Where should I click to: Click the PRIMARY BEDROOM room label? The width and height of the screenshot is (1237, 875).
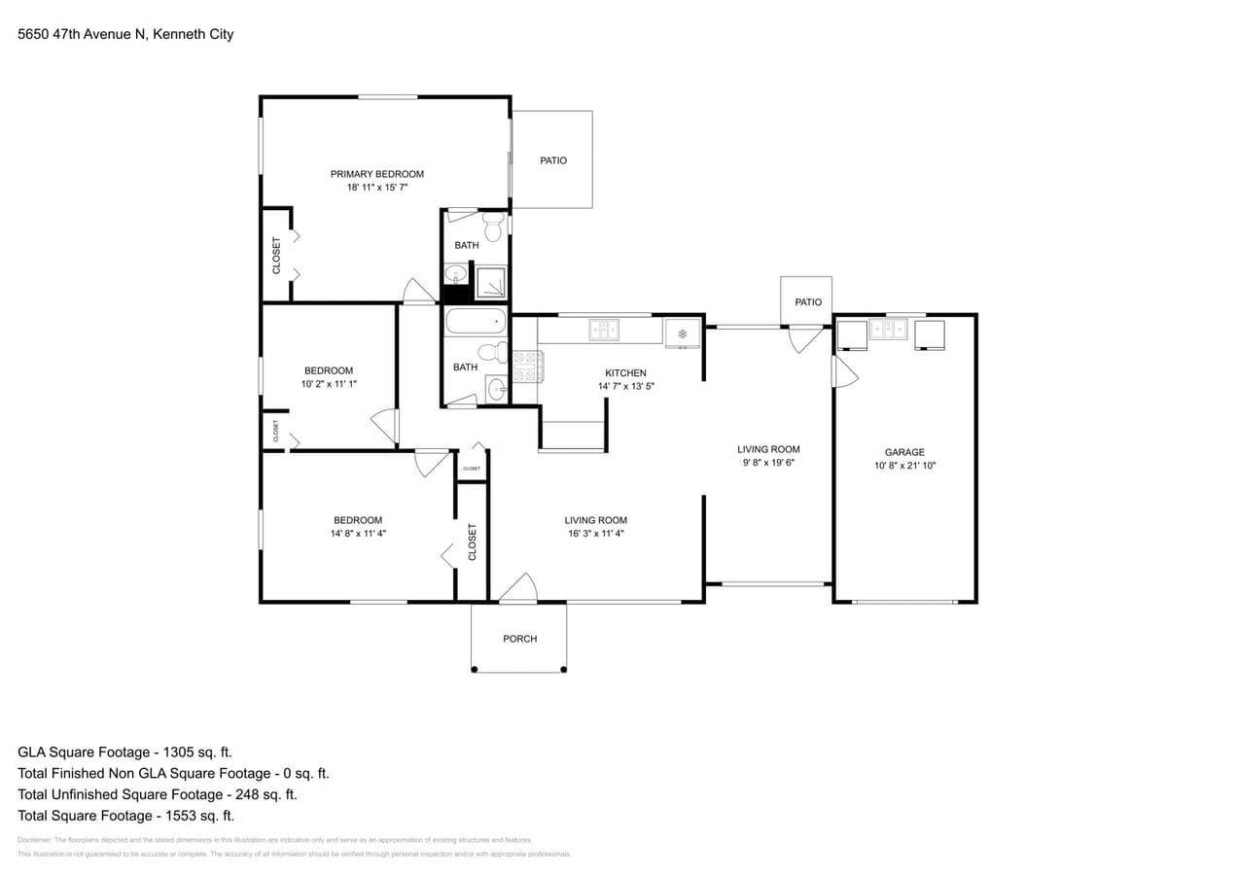click(x=377, y=174)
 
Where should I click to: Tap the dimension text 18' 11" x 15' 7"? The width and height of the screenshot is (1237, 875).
click(x=377, y=188)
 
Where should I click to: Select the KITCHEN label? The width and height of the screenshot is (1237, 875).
click(x=625, y=373)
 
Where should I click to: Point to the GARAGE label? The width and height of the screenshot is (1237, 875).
click(x=904, y=452)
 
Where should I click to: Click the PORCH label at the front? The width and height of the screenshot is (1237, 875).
click(x=519, y=639)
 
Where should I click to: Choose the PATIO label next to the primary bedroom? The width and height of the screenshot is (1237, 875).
click(x=553, y=160)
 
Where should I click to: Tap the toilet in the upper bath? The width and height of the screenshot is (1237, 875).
click(x=493, y=227)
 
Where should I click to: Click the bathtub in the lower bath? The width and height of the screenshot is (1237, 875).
click(x=476, y=321)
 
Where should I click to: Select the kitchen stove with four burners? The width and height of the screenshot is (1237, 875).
click(x=527, y=367)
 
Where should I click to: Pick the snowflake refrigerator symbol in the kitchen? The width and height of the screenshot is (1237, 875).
click(x=683, y=334)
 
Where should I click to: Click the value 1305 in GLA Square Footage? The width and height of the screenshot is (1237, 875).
click(x=167, y=752)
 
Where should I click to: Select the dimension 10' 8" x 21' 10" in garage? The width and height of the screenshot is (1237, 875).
click(x=904, y=466)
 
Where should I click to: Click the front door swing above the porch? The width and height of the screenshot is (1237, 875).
click(x=518, y=588)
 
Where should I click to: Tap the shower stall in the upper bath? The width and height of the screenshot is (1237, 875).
click(x=491, y=281)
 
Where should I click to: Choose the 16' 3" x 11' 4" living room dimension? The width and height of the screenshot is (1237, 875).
click(x=595, y=533)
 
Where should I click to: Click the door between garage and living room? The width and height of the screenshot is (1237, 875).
click(x=843, y=371)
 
